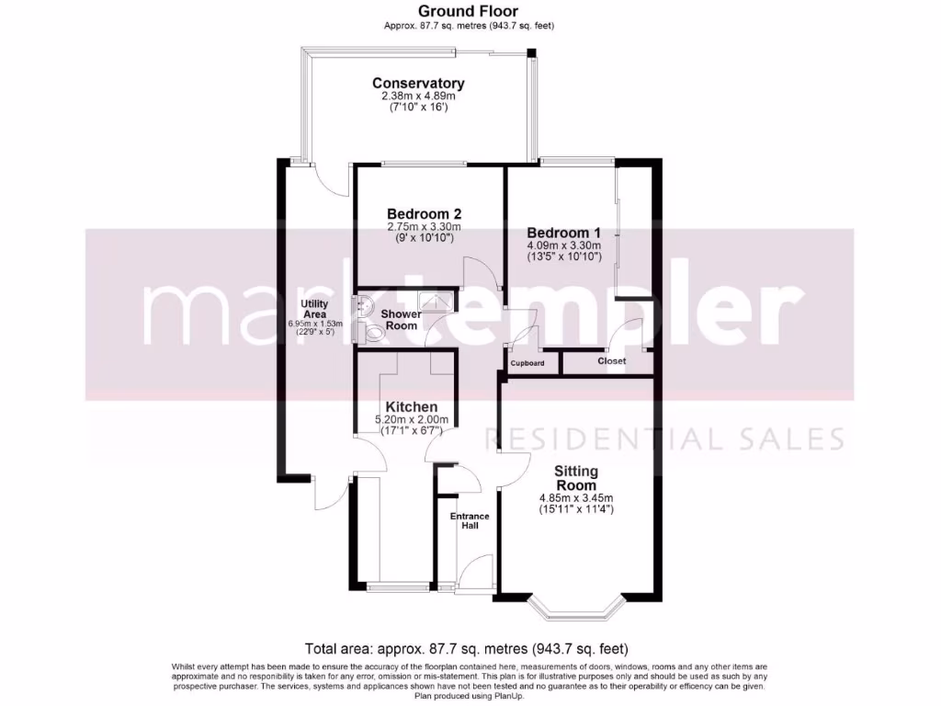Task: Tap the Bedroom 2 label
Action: pyautogui.click(x=424, y=213)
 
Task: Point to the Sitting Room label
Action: pyautogui.click(x=576, y=478)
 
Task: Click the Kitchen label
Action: pyautogui.click(x=411, y=406)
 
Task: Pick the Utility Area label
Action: pyautogui.click(x=314, y=309)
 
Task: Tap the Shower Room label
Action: pyautogui.click(x=402, y=320)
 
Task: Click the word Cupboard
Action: pyautogui.click(x=527, y=363)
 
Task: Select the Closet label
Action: pyautogui.click(x=611, y=361)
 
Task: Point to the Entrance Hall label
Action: pyautogui.click(x=469, y=521)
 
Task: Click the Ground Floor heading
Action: pyautogui.click(x=469, y=11)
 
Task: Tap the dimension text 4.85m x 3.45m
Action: pyautogui.click(x=576, y=499)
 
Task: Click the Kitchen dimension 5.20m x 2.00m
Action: pyautogui.click(x=411, y=420)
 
